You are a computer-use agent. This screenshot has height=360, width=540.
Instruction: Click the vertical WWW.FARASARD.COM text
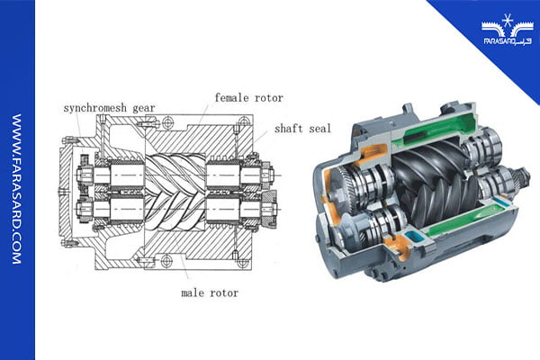[17, 189]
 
